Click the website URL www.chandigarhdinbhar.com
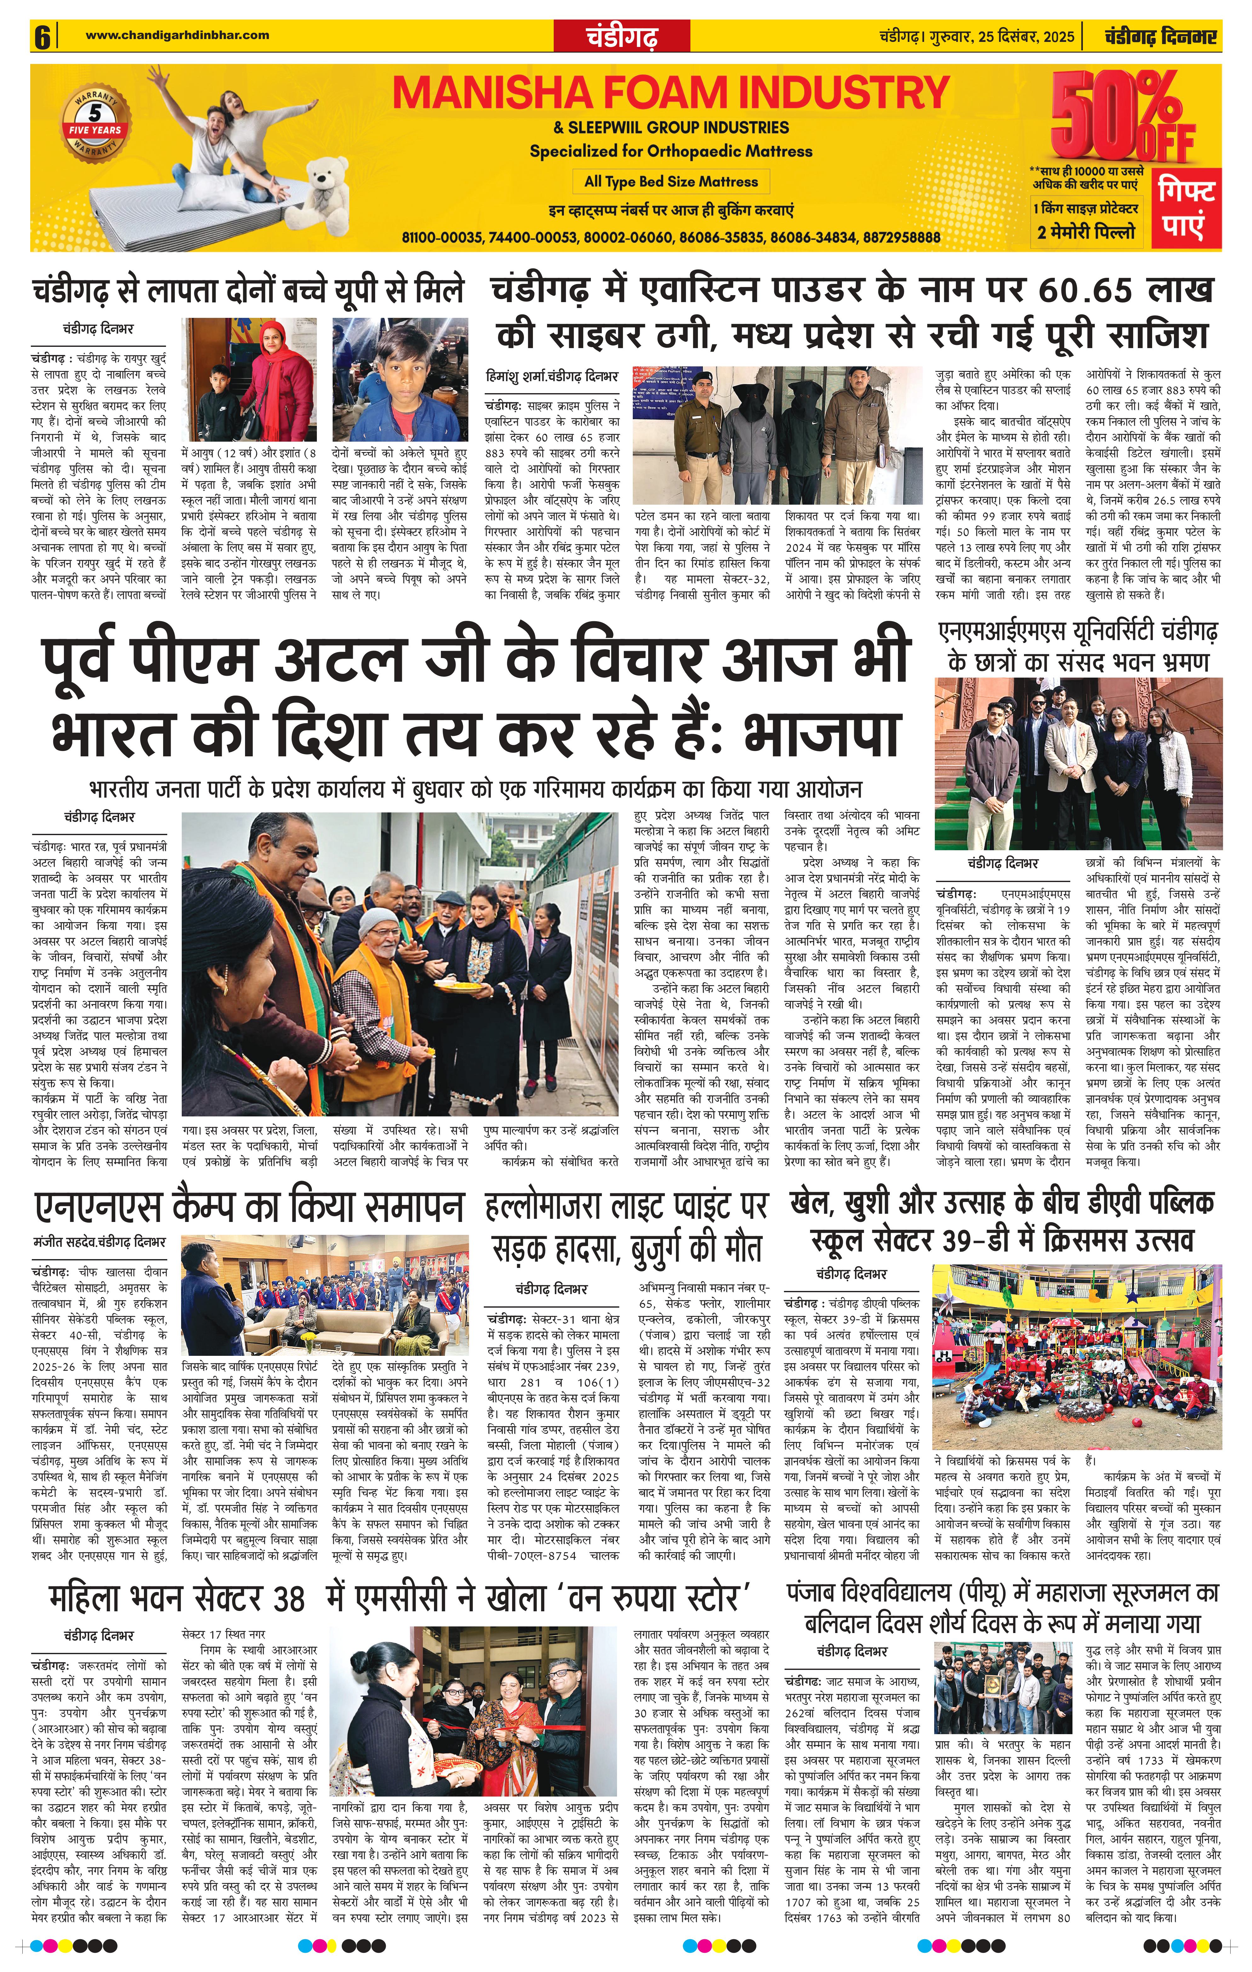tap(177, 35)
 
